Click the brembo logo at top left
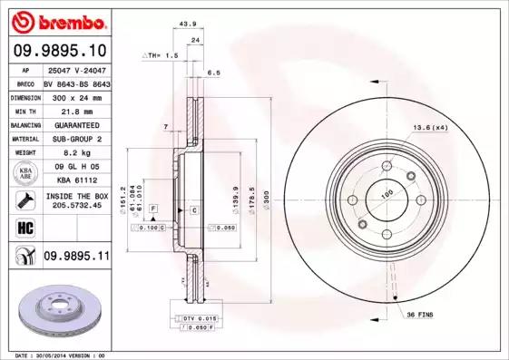point(57,20)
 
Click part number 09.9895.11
point(76,258)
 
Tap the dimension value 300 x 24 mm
point(74,95)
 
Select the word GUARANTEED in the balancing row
point(75,124)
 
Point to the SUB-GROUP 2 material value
point(76,139)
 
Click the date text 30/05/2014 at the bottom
point(60,355)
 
